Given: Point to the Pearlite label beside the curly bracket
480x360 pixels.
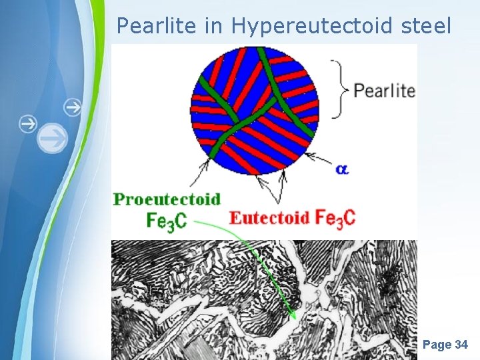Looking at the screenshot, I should pyautogui.click(x=384, y=91).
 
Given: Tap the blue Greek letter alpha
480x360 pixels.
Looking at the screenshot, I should pyautogui.click(x=342, y=169).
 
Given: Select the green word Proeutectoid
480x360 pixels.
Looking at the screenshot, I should pyautogui.click(x=167, y=199).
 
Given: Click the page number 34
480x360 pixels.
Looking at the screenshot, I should pyautogui.click(x=461, y=345).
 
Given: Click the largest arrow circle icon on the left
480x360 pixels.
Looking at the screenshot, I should pyautogui.click(x=52, y=139).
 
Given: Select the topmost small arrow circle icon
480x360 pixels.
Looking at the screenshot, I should pyautogui.click(x=72, y=106).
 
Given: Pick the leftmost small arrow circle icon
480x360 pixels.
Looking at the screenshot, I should pyautogui.click(x=27, y=123).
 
